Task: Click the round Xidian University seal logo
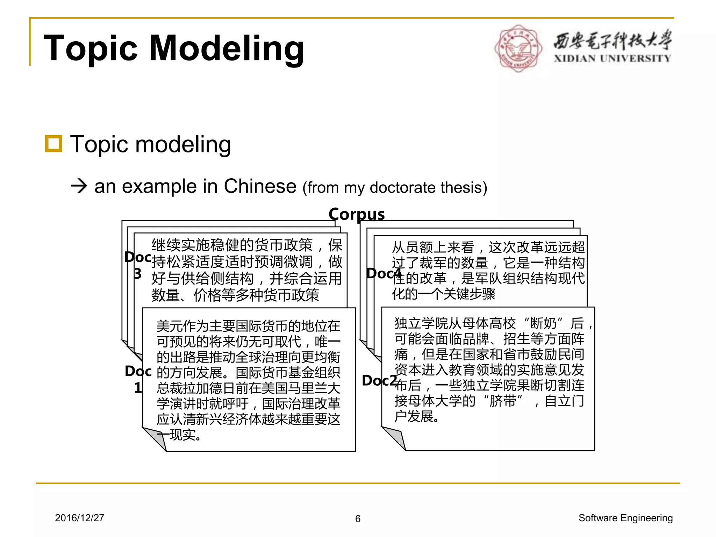point(518,48)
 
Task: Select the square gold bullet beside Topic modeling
point(53,144)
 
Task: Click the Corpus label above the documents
point(356,214)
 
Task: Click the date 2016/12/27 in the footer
point(79,518)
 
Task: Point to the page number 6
point(358,519)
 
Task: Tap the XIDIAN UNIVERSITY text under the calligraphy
point(612,58)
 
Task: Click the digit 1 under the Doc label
point(138,388)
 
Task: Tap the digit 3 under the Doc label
point(138,274)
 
